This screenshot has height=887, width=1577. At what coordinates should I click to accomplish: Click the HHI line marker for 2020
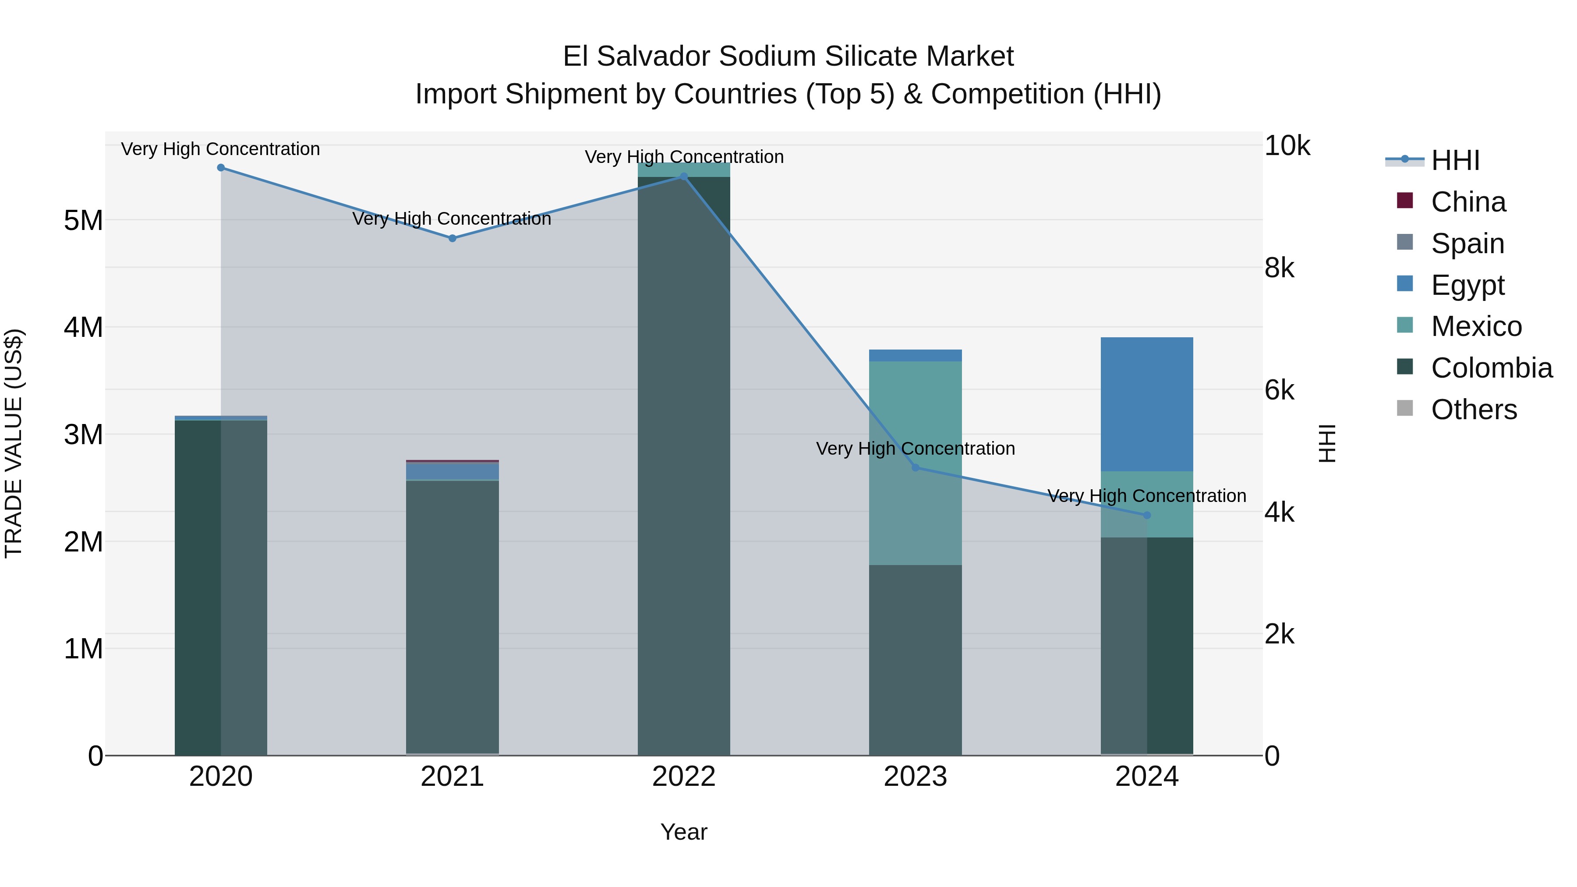coord(221,168)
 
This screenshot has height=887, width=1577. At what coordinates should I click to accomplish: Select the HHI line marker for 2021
coord(453,238)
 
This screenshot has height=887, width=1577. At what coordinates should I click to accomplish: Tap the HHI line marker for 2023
coord(915,468)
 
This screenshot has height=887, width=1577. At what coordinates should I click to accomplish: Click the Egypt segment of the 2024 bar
coord(1147,404)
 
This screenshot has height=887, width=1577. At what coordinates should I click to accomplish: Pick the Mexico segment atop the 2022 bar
coord(684,169)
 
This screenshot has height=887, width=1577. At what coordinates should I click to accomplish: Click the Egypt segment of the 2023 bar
coord(915,356)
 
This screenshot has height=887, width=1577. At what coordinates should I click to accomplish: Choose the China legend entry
coord(1468,202)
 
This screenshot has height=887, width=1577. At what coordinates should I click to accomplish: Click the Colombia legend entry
coord(1491,368)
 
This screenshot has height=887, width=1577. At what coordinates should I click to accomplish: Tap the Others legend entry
coord(1474,410)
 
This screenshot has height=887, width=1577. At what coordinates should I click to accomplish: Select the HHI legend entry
coord(1455,160)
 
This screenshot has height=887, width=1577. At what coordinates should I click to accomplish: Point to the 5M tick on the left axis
coord(84,220)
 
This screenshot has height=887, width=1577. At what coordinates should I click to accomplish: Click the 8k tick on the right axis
coord(1280,268)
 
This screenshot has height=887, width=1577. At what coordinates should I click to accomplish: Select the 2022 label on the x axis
coord(684,777)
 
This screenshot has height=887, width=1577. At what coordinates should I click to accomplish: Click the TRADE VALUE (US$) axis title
coord(14,443)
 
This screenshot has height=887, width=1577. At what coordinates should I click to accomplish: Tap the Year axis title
coord(684,832)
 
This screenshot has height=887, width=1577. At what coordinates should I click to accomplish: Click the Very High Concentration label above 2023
coord(915,449)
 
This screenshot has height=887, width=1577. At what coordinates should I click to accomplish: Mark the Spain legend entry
coord(1467,244)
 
